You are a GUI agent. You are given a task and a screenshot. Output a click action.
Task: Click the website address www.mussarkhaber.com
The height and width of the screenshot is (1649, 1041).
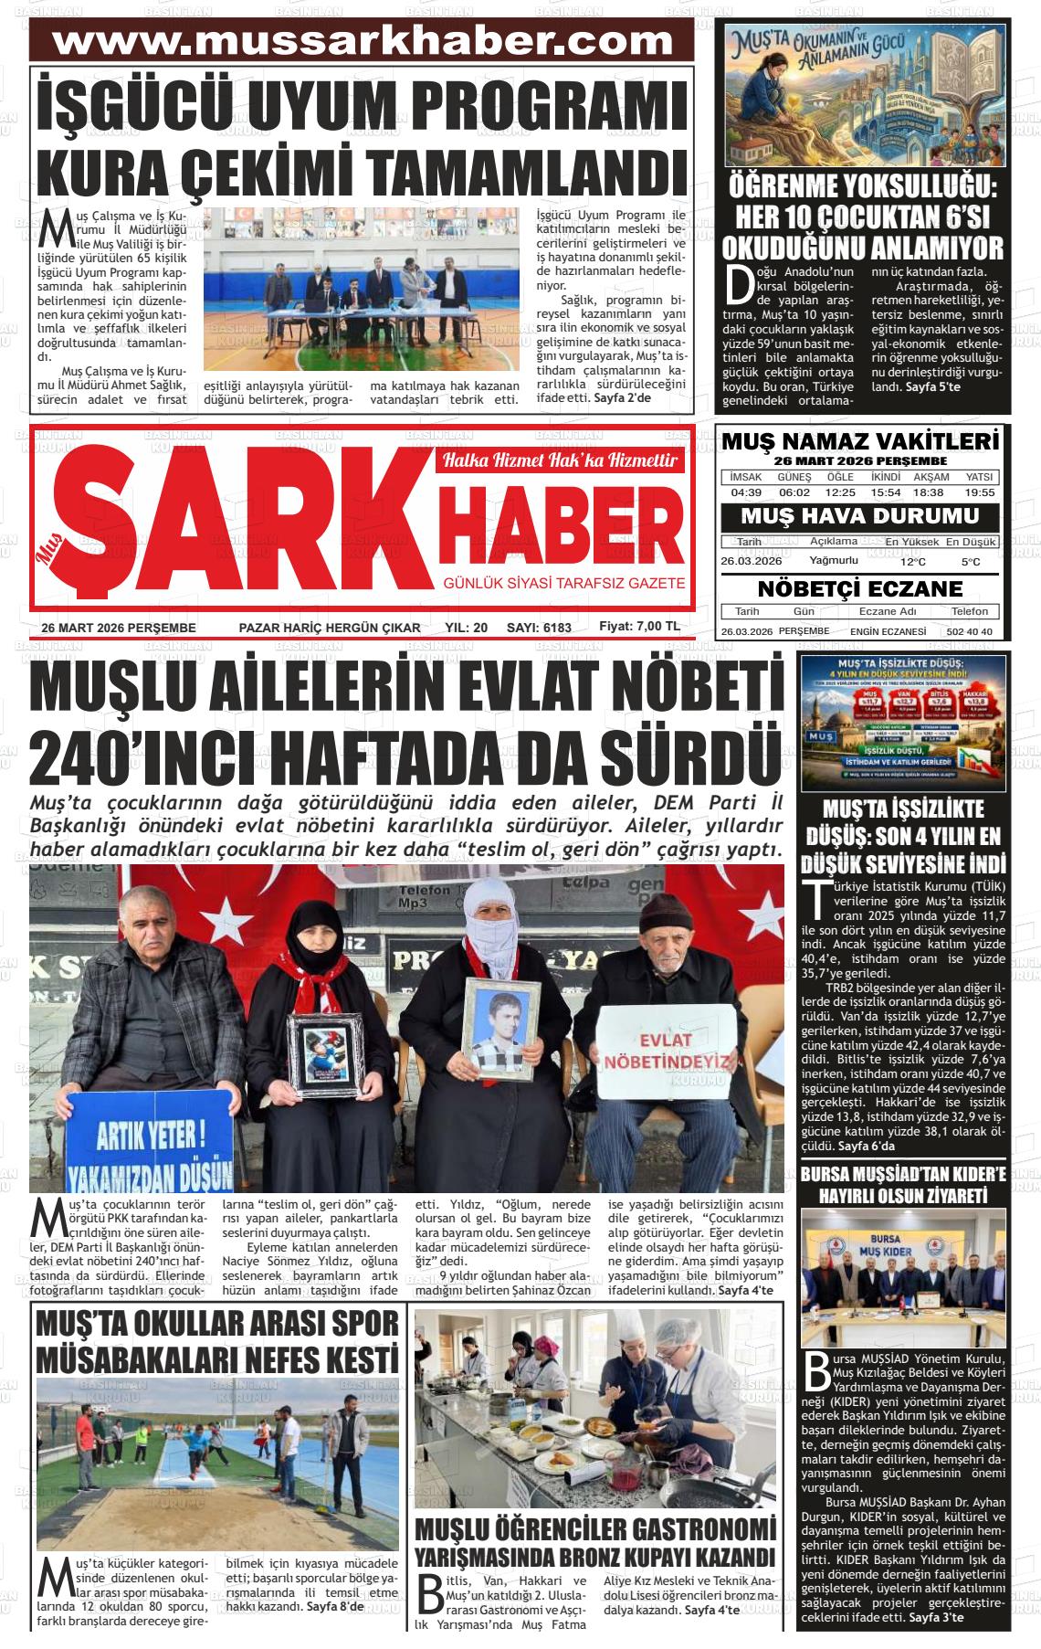coord(363,42)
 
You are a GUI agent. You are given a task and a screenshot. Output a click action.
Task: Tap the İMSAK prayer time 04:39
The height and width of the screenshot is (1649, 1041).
coord(746,492)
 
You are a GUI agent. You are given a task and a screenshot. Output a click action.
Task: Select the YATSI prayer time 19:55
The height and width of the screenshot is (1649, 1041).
coord(979,492)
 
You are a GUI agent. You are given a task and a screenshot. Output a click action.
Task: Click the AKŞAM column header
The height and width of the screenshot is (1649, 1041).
coord(931,477)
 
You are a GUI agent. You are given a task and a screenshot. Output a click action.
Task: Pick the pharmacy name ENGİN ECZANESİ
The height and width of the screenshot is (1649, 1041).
coord(888,632)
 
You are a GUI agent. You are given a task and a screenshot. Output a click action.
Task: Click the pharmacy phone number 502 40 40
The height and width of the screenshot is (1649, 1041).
coord(970,632)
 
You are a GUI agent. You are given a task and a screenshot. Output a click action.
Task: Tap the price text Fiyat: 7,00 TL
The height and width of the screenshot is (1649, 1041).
coord(639,627)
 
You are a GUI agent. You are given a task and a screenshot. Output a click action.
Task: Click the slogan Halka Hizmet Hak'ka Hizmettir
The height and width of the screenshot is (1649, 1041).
coord(560,460)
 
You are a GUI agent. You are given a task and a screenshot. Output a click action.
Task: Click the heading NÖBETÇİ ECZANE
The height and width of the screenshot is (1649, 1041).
coord(860,587)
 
